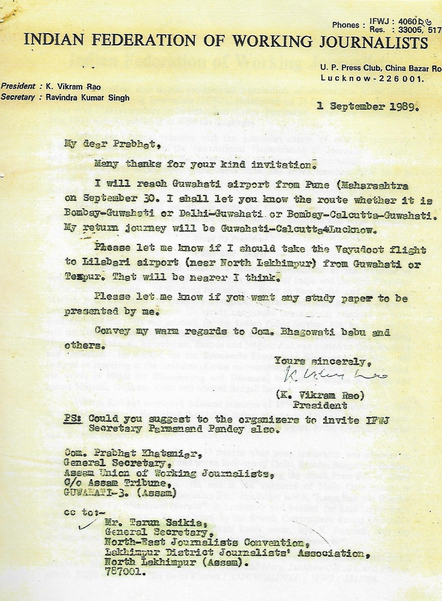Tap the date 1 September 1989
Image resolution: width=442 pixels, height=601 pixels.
tap(368, 107)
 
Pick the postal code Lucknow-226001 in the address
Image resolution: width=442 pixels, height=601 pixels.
tap(372, 78)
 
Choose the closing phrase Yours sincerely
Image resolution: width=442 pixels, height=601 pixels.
tap(322, 361)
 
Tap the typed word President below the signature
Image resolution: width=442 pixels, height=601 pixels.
tap(320, 405)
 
